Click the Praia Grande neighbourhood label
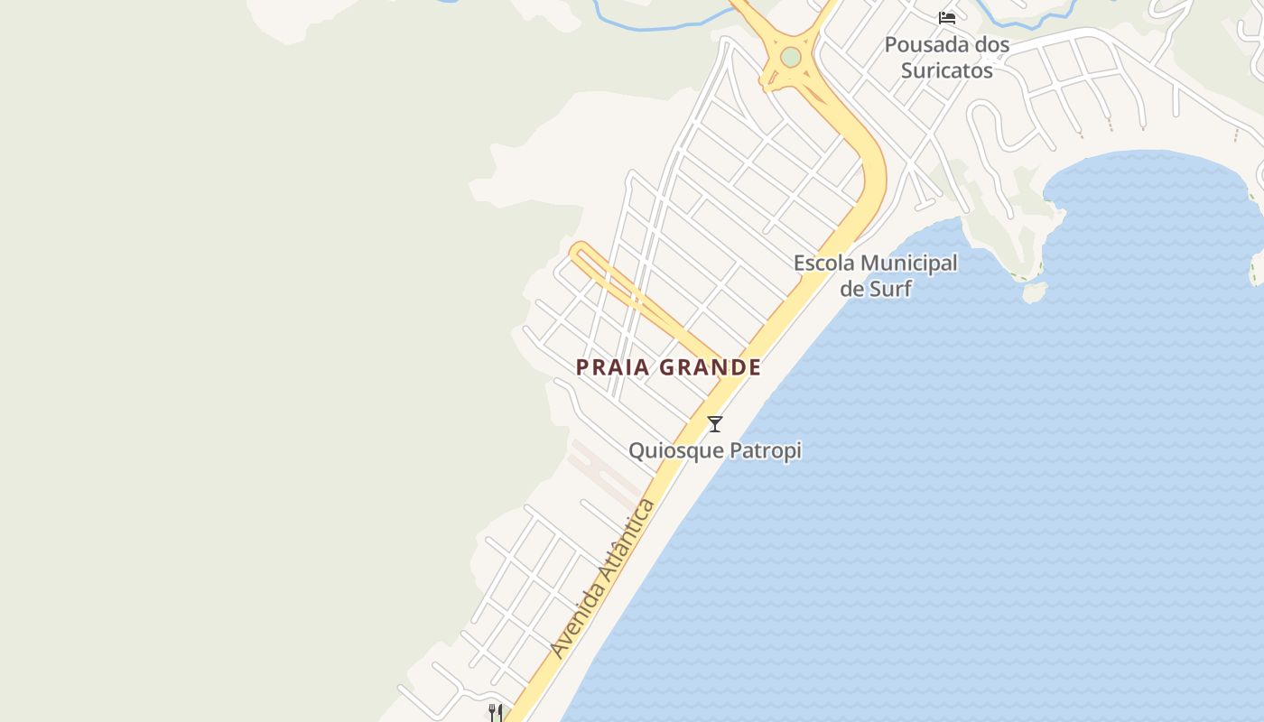pos(668,367)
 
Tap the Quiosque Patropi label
pos(714,449)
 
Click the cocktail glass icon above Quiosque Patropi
pos(715,423)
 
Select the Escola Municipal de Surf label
pos(875,275)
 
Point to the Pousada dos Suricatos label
pos(946,57)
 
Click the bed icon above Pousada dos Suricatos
pos(947,17)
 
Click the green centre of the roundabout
pos(791,57)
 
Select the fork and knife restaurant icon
pos(495,712)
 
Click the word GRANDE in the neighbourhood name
pos(711,367)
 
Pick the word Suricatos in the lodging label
pos(946,70)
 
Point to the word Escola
pos(821,264)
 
